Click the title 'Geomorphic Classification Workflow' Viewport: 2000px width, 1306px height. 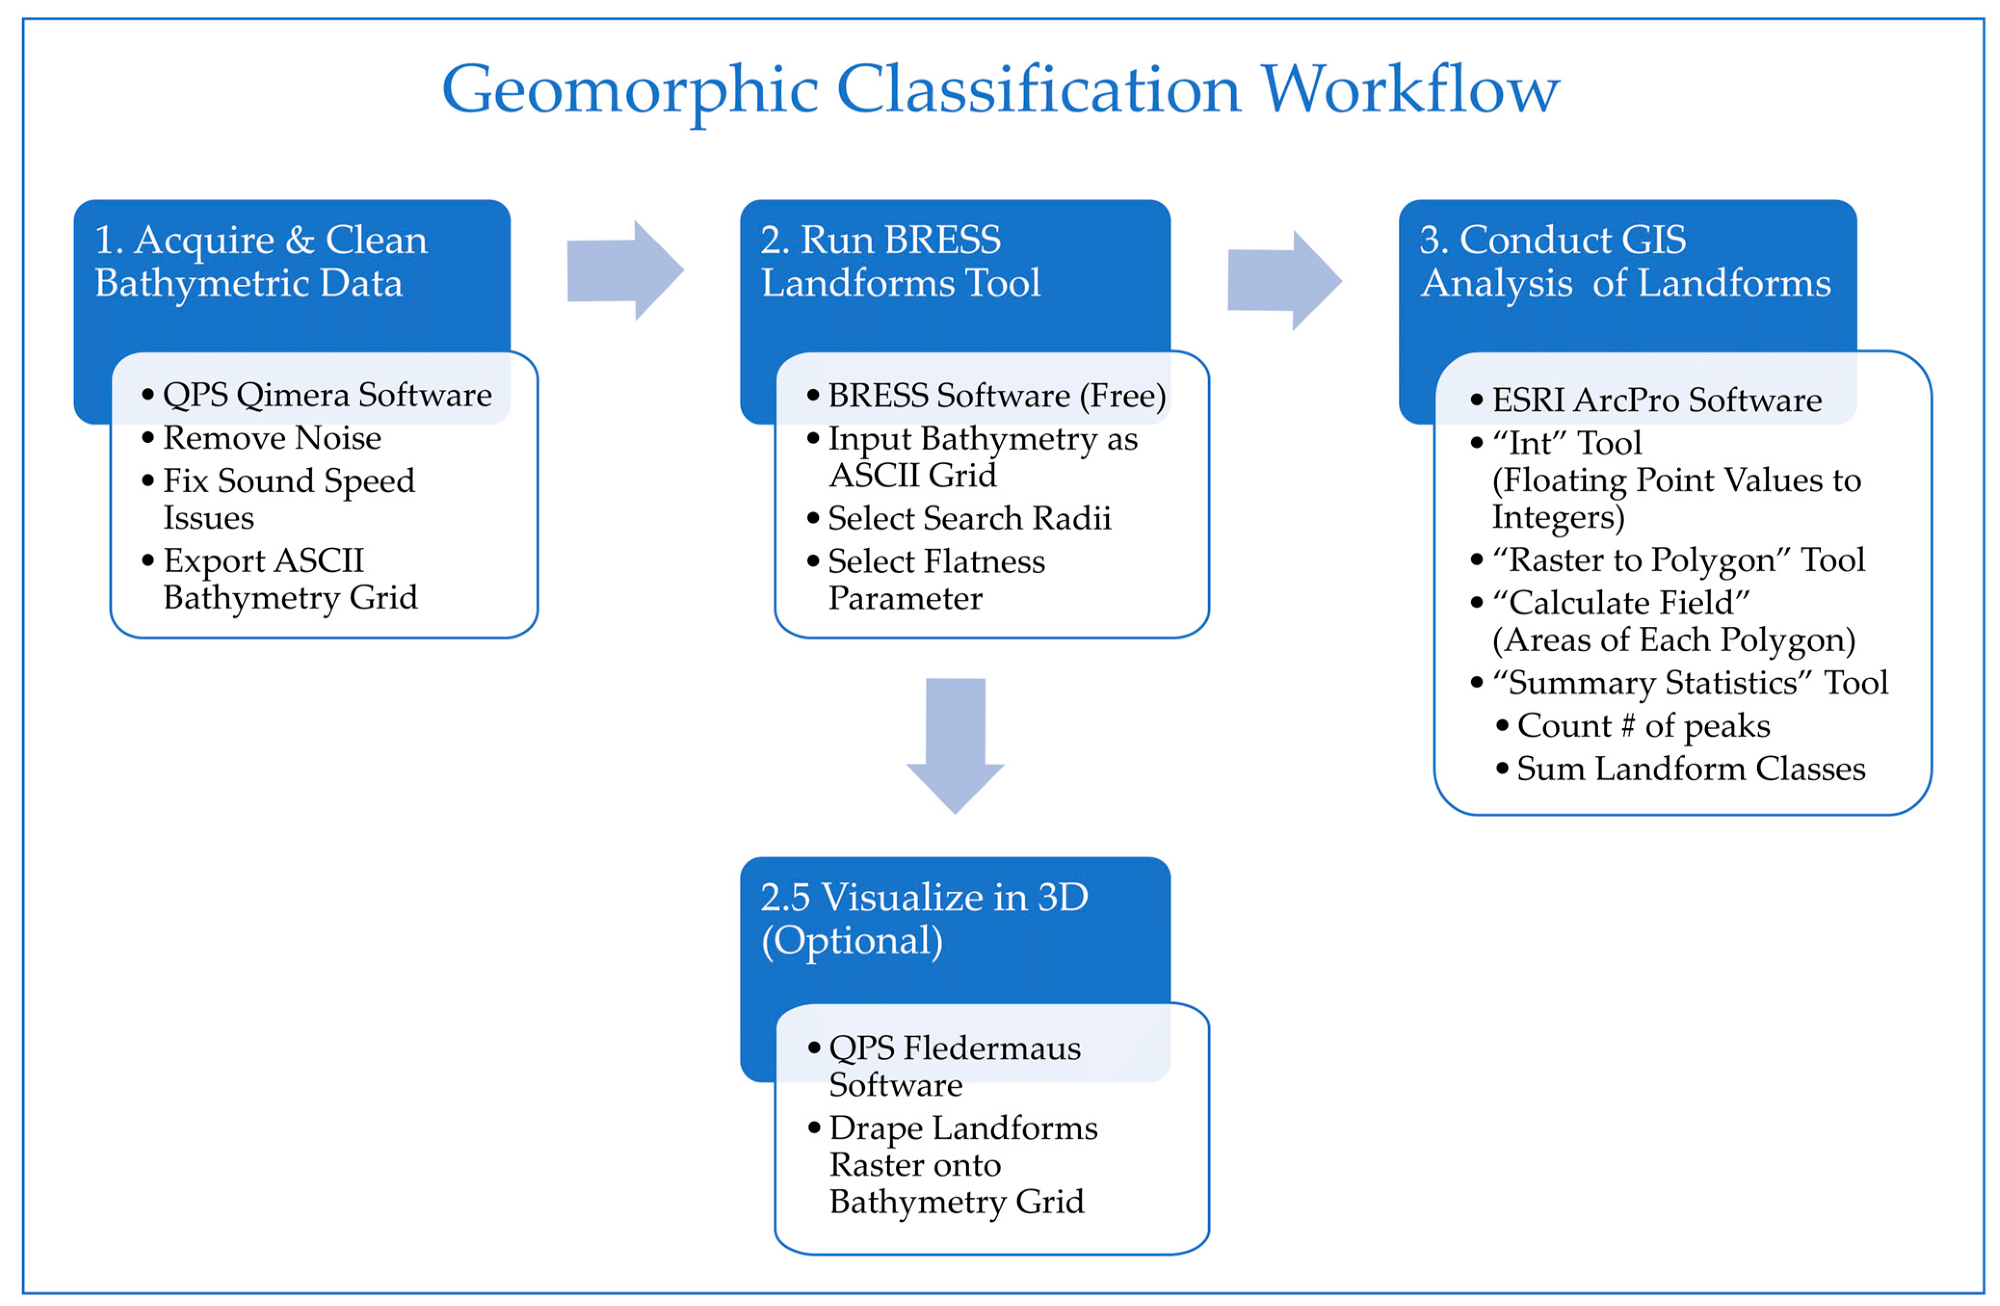[1000, 90]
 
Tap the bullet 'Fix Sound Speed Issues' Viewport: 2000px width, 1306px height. [288, 499]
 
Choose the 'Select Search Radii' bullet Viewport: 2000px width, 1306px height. [969, 518]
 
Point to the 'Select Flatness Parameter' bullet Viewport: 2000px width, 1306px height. [936, 579]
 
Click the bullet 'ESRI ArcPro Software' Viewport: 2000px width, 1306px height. [1656, 399]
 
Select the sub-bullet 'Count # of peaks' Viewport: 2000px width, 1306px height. [1643, 726]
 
